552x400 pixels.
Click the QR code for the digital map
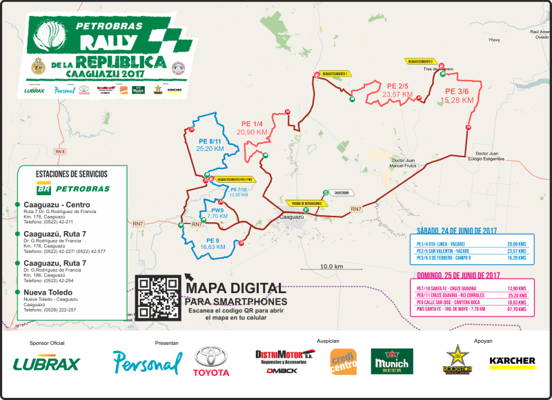pyautogui.click(x=158, y=297)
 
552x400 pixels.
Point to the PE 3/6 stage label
pyautogui.click(x=456, y=96)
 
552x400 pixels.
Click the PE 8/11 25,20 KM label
pyautogui.click(x=210, y=143)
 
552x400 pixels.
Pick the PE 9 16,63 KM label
pyautogui.click(x=209, y=243)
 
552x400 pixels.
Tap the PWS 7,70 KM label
pyautogui.click(x=217, y=212)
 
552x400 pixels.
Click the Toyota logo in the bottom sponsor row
pyautogui.click(x=211, y=362)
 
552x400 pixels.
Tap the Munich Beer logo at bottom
pyautogui.click(x=391, y=361)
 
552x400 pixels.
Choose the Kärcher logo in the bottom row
pyautogui.click(x=512, y=361)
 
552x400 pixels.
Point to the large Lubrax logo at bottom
pyautogui.click(x=46, y=363)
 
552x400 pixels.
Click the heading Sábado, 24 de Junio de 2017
pyautogui.click(x=457, y=231)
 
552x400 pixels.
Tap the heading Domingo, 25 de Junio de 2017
pyautogui.click(x=459, y=275)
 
